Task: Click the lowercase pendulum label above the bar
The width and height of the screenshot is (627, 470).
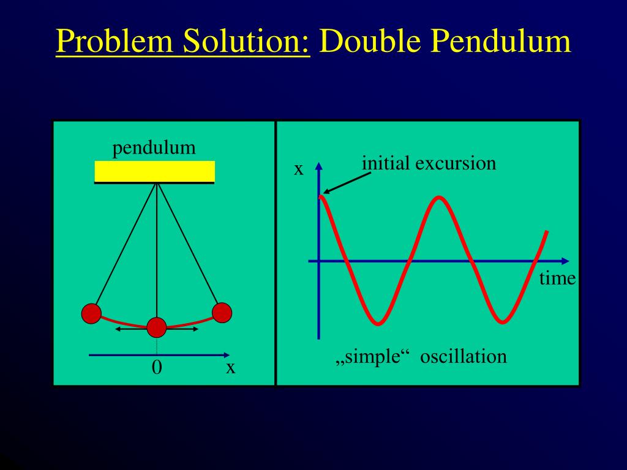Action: coord(154,147)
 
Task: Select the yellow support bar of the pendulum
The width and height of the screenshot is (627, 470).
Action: coord(154,171)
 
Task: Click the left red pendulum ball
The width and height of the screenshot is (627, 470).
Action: coord(91,313)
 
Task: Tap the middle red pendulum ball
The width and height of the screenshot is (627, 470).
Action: coord(157,327)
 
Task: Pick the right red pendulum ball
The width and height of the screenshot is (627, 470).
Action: coord(222,313)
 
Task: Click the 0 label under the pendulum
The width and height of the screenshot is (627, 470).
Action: coord(157,367)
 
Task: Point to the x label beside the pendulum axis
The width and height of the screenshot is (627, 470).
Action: coord(230,367)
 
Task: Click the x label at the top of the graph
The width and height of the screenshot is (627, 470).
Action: coord(298,169)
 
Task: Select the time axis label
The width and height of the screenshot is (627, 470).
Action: coord(557,278)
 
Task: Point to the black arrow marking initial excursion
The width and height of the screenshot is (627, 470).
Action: coord(347,183)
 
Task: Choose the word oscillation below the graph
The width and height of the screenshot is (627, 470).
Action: coord(464,356)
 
